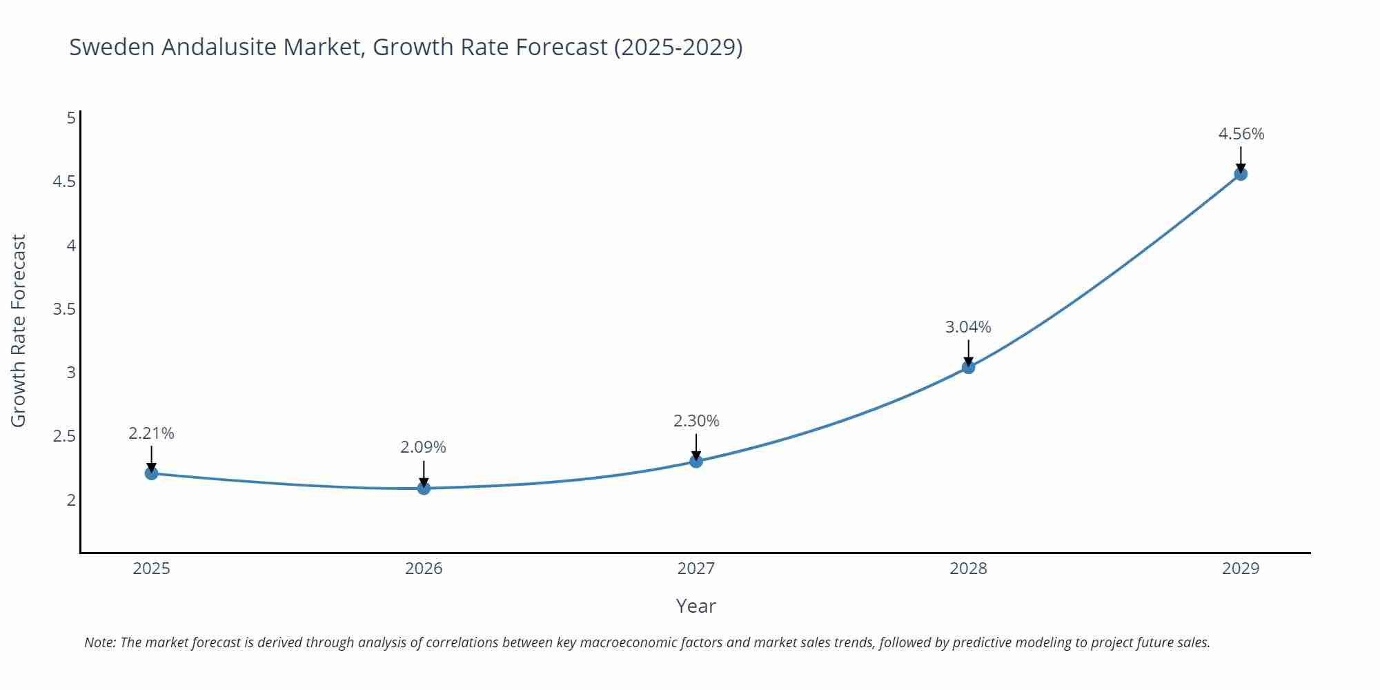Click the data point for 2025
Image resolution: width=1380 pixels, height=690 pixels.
pos(152,473)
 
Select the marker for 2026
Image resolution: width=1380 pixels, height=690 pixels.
pos(424,489)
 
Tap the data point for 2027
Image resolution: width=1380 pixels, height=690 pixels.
pos(696,462)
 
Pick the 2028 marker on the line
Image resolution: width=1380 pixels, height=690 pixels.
pos(968,368)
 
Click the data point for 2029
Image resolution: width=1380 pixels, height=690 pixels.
pos(1241,174)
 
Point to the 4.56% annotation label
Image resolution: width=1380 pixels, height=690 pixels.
pos(1241,134)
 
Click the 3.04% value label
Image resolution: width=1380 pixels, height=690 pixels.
pos(968,327)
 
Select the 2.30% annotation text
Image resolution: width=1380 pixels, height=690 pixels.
pos(696,421)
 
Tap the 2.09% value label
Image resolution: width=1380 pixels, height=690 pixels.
pos(424,447)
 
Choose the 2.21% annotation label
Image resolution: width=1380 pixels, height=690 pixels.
pos(152,433)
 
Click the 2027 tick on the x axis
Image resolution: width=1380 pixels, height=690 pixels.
pos(696,569)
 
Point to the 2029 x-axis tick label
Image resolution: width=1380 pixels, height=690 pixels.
pos(1241,569)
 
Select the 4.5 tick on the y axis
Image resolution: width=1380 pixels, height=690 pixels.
pos(64,181)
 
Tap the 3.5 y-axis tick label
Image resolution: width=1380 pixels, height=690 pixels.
pos(64,308)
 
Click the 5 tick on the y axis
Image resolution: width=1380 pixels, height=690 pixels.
pos(71,118)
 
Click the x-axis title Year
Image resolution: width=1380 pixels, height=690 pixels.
pos(696,606)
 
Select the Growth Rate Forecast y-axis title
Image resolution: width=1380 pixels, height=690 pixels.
pos(19,331)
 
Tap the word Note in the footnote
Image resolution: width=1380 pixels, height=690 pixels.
pos(99,642)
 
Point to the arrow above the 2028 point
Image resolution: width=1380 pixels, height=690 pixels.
pos(968,352)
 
